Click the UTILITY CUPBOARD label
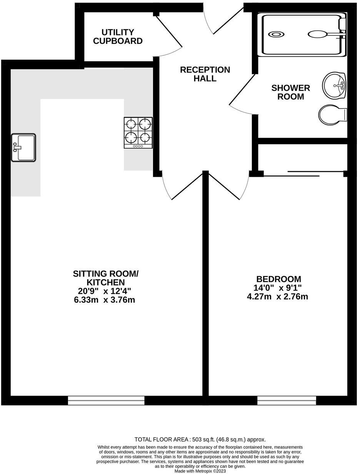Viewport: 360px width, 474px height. (x=118, y=37)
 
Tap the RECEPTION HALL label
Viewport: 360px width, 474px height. (x=205, y=74)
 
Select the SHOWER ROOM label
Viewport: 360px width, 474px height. (x=290, y=92)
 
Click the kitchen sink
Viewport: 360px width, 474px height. (x=23, y=148)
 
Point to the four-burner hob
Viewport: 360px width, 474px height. (x=138, y=133)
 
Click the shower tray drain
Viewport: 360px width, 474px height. (x=276, y=34)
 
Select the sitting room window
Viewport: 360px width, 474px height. (x=106, y=401)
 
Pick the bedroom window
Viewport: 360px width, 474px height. (x=287, y=401)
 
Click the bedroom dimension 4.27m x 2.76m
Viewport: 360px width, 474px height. (x=277, y=297)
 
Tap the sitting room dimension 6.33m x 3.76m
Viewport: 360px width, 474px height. (x=105, y=300)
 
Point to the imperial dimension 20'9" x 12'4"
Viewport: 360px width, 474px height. (x=105, y=291)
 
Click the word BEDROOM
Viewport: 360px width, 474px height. (x=278, y=279)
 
